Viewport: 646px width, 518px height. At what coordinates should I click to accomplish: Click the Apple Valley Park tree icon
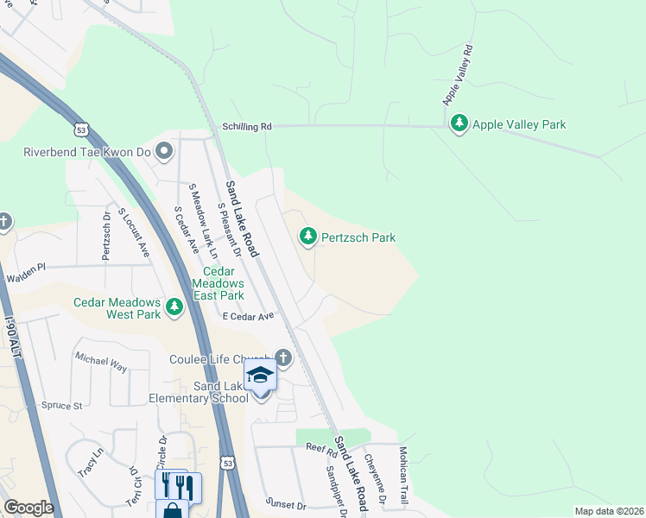[x=459, y=124]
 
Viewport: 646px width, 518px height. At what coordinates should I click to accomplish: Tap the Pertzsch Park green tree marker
[x=307, y=236]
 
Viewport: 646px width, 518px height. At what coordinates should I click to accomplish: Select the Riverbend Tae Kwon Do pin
[x=165, y=152]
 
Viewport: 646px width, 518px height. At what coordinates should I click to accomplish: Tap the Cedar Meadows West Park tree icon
[x=175, y=306]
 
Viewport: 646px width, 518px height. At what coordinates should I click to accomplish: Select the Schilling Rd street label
[x=246, y=126]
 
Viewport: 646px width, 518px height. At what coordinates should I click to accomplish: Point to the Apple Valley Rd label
[x=459, y=75]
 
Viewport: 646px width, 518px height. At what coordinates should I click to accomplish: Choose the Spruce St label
[x=63, y=405]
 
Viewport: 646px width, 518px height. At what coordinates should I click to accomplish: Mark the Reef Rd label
[x=320, y=448]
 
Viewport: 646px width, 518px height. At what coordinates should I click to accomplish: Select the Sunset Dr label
[x=286, y=504]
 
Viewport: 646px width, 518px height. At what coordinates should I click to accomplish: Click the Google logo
[x=28, y=508]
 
